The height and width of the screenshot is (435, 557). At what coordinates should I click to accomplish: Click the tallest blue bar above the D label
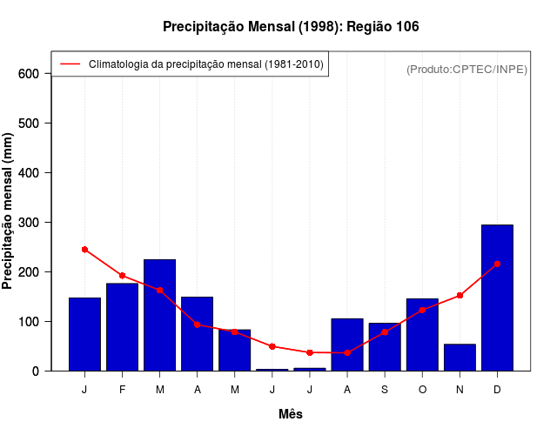[497, 298]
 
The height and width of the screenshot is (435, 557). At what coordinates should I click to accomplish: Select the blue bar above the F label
[122, 327]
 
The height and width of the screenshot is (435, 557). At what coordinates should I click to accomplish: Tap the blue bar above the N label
[460, 358]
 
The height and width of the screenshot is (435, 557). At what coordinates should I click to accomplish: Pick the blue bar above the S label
[385, 347]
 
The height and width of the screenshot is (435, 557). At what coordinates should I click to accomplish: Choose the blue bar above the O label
[422, 335]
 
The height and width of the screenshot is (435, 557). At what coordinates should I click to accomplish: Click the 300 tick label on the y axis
[29, 223]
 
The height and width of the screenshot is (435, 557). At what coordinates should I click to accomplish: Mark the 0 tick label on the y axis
[36, 371]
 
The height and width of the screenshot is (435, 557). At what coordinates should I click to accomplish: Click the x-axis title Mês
[291, 415]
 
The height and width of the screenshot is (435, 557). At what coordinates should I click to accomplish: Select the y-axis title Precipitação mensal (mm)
[9, 211]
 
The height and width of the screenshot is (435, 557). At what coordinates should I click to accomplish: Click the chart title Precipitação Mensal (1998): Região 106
[291, 27]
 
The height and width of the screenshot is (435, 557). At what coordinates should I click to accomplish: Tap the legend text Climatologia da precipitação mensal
[206, 64]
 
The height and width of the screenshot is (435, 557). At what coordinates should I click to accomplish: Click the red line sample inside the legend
[70, 64]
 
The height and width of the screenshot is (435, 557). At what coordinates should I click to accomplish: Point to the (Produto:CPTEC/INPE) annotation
[466, 70]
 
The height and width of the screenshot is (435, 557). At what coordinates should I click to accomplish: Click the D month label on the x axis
[497, 390]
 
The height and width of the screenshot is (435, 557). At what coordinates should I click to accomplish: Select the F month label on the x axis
[122, 390]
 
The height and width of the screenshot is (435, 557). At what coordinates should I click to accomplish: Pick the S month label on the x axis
[385, 390]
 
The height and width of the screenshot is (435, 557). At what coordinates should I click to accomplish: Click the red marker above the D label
[497, 264]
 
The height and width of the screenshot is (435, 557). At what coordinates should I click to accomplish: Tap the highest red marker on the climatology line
[84, 250]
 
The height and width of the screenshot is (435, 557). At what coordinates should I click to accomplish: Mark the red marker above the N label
[460, 296]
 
